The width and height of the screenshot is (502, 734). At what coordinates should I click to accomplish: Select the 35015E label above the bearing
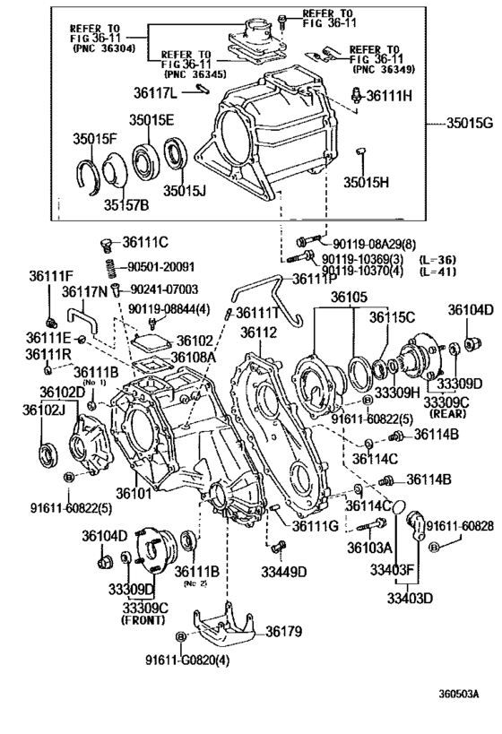(150, 119)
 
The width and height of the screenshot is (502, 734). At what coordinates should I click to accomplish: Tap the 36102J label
(46, 410)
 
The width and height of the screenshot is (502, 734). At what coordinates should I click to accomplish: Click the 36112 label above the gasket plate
(257, 332)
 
